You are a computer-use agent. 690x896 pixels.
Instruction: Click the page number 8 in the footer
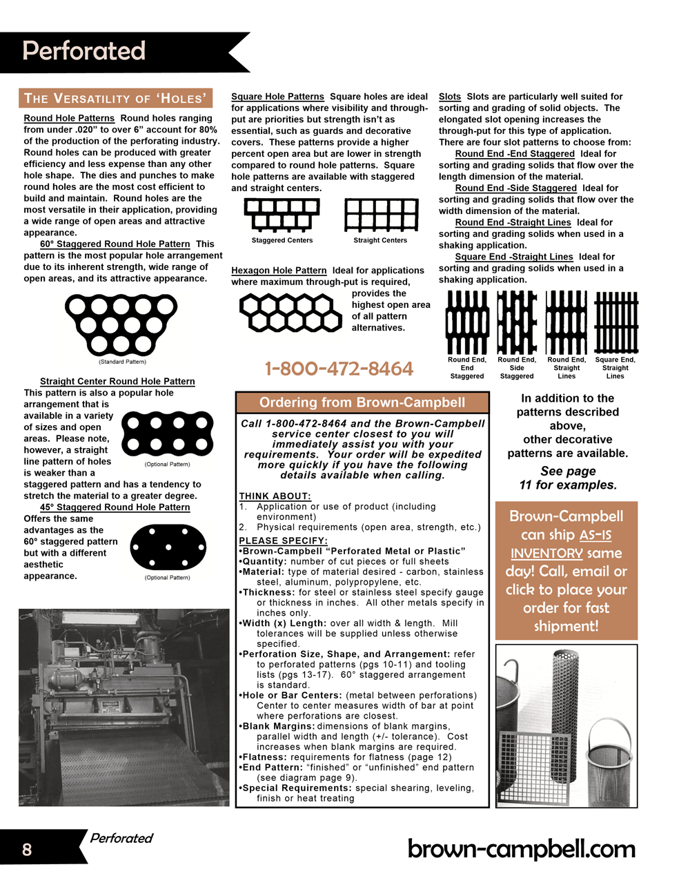(x=27, y=849)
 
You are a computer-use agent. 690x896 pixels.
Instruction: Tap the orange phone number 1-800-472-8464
(x=339, y=369)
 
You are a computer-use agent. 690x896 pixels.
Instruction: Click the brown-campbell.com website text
(x=522, y=848)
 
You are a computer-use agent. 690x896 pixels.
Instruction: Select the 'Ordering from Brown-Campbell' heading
(x=362, y=402)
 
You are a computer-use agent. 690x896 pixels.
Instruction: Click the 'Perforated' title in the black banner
(x=84, y=51)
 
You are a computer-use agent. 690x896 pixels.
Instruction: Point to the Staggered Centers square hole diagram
(x=282, y=215)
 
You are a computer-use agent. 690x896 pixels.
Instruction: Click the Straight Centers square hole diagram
(x=381, y=215)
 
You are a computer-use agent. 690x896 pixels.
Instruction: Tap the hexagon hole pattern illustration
(x=290, y=312)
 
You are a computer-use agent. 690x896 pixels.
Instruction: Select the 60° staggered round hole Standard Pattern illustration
(x=121, y=324)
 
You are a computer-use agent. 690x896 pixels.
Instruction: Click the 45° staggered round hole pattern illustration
(x=168, y=547)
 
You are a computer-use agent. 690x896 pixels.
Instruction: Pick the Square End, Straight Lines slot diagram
(x=615, y=322)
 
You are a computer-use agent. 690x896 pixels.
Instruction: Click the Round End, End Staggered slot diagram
(x=467, y=322)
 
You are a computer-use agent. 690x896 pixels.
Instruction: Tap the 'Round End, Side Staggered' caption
(x=517, y=368)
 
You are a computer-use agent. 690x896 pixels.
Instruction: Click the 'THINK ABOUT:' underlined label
(x=275, y=496)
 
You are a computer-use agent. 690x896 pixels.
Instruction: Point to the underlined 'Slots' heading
(x=450, y=97)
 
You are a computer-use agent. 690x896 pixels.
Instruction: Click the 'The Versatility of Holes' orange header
(x=115, y=98)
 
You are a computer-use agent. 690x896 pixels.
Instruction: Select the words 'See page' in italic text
(x=568, y=471)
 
